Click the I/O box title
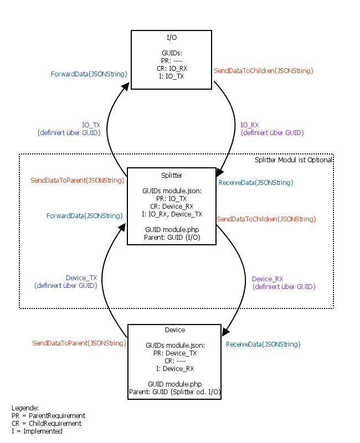point(171,38)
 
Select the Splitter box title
point(171,175)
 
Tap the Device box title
point(175,330)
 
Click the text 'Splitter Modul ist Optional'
point(294,160)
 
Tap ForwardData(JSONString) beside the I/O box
point(89,74)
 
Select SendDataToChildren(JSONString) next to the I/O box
point(264,71)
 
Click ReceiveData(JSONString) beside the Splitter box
point(256,182)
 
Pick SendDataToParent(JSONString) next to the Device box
point(79,343)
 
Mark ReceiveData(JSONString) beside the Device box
point(263,344)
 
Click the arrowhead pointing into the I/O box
point(126,86)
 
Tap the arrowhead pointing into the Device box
point(225,332)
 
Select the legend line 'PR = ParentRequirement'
point(48,415)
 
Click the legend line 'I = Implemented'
point(37,431)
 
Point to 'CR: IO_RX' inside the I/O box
point(171,69)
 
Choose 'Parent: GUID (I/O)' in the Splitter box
point(172,237)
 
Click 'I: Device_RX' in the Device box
point(175,368)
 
